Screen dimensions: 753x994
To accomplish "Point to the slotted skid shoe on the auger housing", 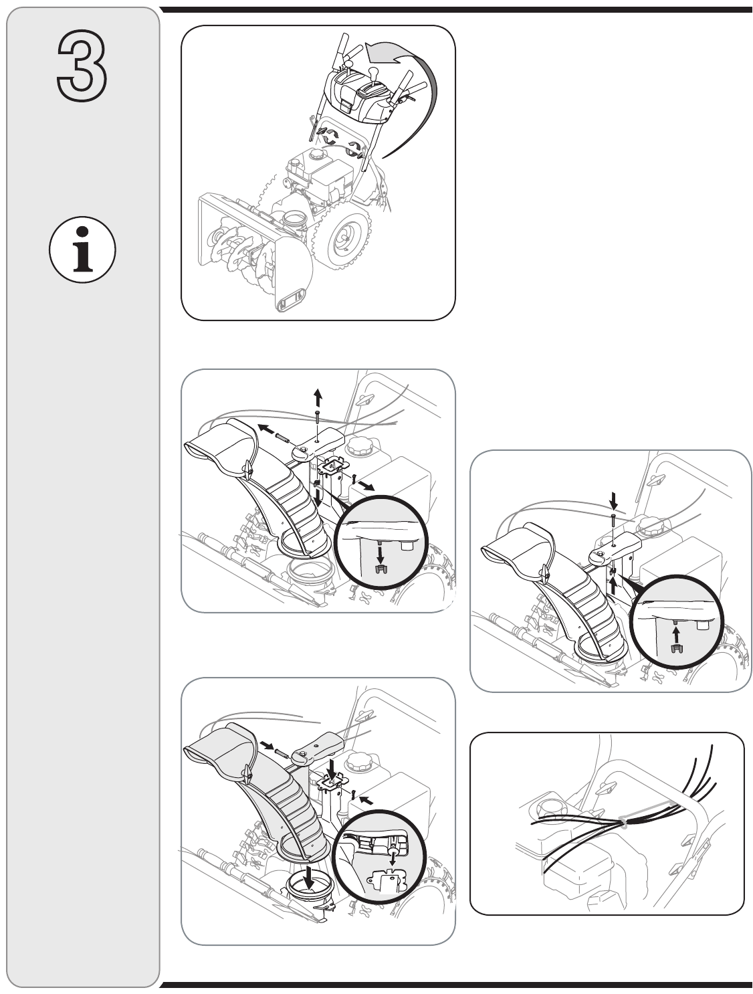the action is tap(288, 299).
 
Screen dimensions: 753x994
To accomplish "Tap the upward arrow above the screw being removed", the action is tap(318, 396).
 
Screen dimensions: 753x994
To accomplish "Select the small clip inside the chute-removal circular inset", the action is tap(381, 569).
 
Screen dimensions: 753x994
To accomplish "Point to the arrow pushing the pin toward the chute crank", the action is tap(267, 745).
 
